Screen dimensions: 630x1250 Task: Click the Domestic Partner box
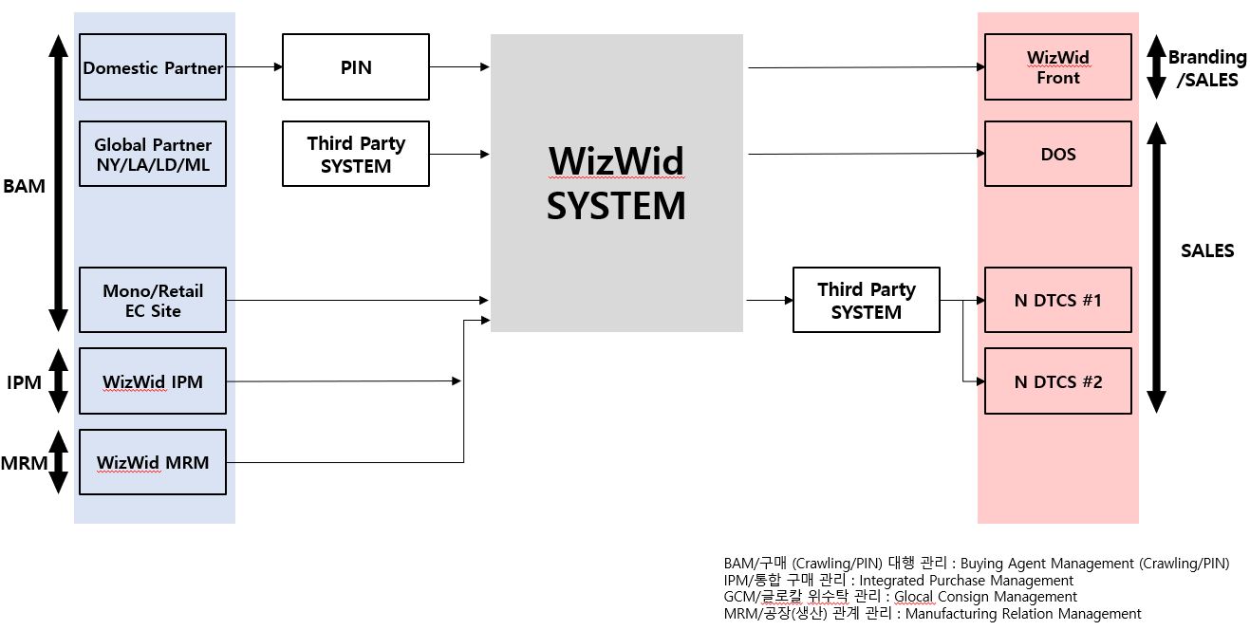(152, 67)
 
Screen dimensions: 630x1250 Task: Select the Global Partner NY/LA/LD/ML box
(152, 154)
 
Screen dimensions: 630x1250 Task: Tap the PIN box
(356, 67)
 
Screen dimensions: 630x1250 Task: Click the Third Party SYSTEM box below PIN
(356, 154)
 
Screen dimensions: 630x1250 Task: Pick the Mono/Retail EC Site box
(152, 300)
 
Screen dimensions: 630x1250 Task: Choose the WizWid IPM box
(152, 381)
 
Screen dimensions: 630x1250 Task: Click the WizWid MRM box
(152, 462)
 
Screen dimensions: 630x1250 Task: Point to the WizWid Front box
(1057, 67)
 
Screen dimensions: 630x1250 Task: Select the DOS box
(1057, 154)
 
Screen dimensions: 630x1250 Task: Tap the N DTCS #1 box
(1057, 300)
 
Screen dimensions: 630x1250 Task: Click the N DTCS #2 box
(1057, 381)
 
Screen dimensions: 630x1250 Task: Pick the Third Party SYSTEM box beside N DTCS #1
(866, 300)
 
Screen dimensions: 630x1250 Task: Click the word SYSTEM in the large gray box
(615, 206)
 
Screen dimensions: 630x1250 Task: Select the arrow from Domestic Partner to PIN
(254, 67)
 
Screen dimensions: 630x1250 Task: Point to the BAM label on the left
(24, 186)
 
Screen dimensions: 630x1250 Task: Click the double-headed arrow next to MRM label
(58, 462)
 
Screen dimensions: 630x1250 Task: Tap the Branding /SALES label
(1206, 68)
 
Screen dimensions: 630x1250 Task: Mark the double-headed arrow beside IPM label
(58, 381)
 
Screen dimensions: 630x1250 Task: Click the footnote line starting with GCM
(900, 597)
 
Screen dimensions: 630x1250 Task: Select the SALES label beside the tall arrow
(1206, 250)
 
